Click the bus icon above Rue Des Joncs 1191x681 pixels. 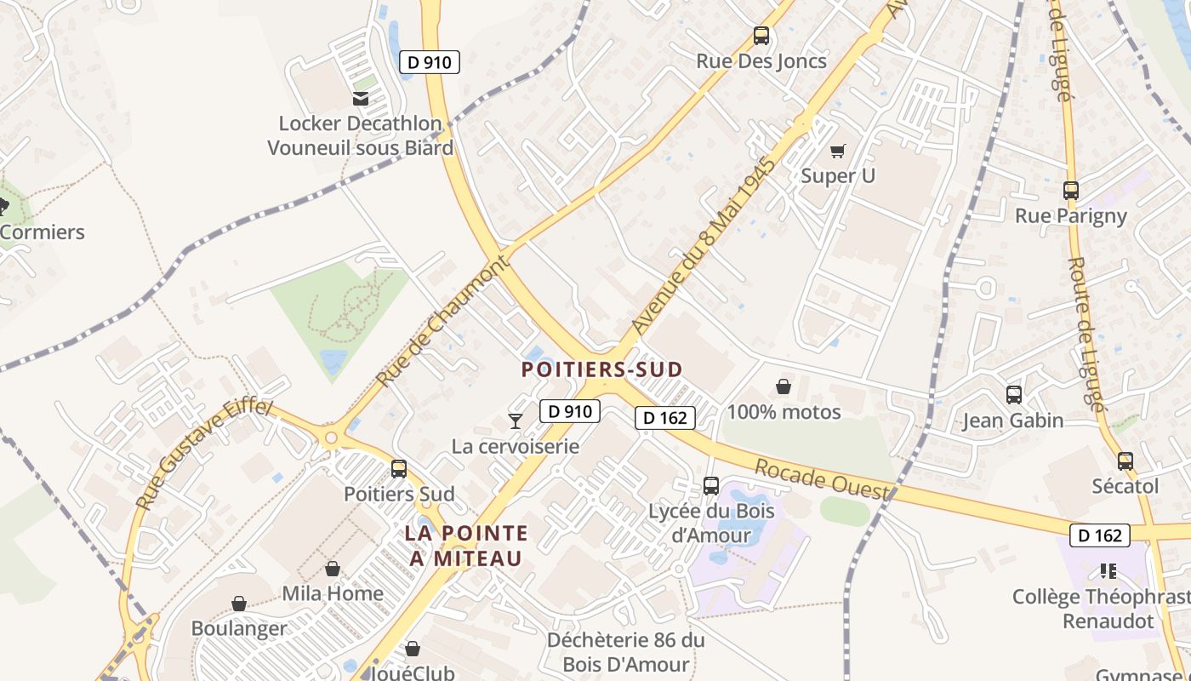tap(761, 36)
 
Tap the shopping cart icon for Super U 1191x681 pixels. tap(838, 151)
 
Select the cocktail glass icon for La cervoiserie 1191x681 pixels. tap(515, 420)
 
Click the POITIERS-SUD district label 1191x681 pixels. tap(601, 369)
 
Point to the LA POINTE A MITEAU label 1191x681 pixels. tap(465, 546)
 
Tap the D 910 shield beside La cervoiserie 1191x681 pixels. tap(570, 412)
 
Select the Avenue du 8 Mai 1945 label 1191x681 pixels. tap(704, 245)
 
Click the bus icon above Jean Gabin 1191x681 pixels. tap(1013, 395)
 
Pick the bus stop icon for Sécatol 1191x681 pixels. tap(1125, 461)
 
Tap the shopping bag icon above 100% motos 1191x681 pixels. tap(784, 387)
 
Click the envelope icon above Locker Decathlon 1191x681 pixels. tap(361, 99)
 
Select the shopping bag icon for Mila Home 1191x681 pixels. tap(333, 569)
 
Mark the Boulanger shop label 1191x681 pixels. tap(239, 629)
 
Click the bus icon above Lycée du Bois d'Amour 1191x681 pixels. tap(711, 486)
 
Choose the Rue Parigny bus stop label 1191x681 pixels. tap(1070, 216)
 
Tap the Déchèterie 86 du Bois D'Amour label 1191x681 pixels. tap(626, 652)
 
